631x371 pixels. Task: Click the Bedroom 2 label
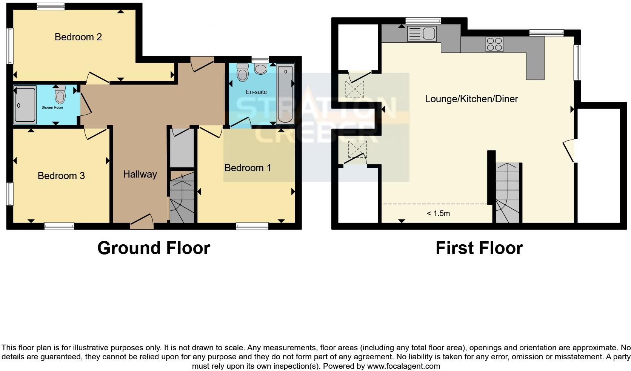click(78, 37)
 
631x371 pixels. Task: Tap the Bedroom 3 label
click(61, 176)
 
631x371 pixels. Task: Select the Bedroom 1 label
click(248, 168)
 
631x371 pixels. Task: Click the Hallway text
click(140, 174)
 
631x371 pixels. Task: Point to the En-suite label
click(256, 92)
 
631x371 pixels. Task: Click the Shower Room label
click(52, 107)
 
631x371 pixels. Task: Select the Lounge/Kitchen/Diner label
click(471, 99)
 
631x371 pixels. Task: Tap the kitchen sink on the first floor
click(422, 34)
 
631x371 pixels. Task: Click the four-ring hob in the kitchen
click(494, 44)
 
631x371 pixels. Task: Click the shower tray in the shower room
click(25, 105)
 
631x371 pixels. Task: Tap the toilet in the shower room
click(60, 95)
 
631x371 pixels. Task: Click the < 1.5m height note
click(438, 213)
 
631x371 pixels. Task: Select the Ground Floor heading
click(154, 248)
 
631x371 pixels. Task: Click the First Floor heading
click(479, 248)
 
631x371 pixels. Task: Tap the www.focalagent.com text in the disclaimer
click(403, 366)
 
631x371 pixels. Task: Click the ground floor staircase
click(182, 198)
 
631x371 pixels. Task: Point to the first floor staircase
click(507, 193)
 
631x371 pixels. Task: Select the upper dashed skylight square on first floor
click(355, 89)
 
